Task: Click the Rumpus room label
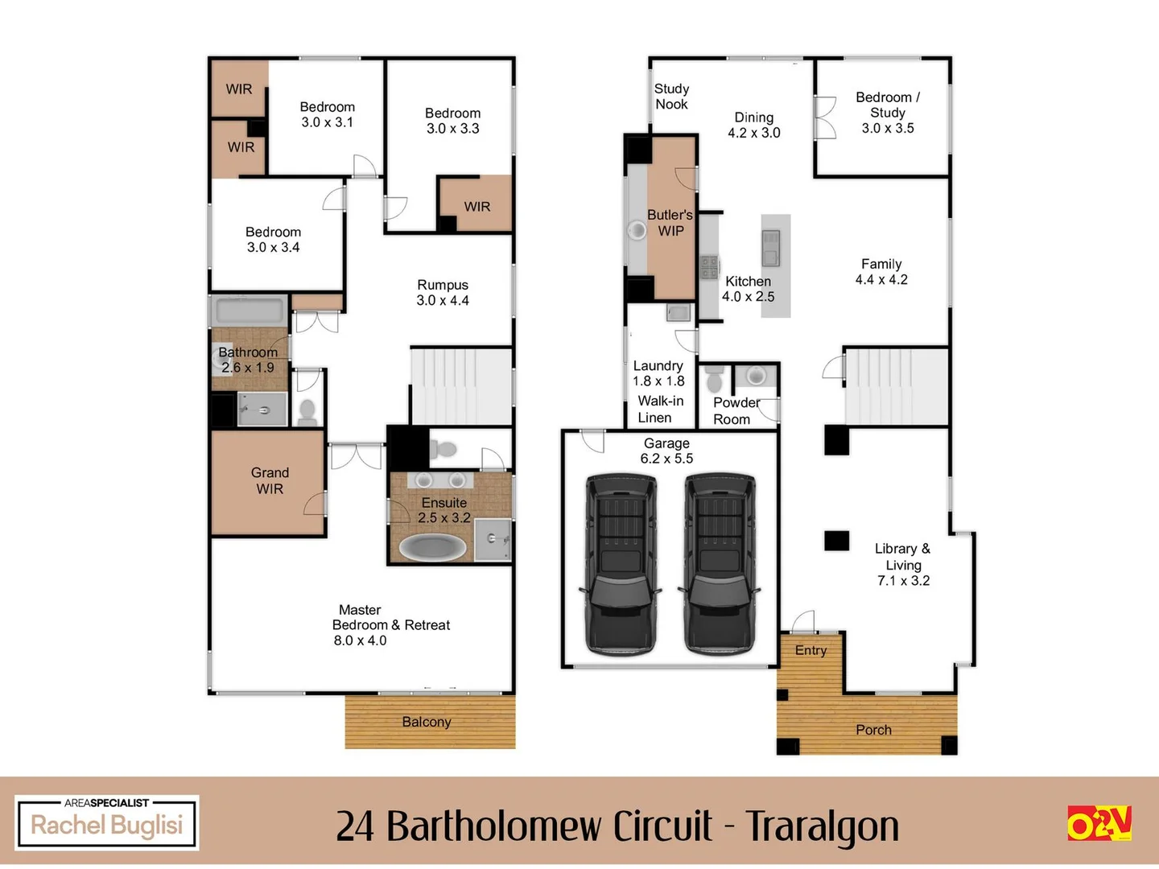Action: pos(443,285)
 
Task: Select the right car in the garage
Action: pos(720,563)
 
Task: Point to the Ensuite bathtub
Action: pos(433,548)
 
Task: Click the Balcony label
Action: pos(427,722)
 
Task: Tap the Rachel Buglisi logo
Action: pos(107,822)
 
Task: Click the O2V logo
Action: pos(1099,823)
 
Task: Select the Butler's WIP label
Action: pos(670,223)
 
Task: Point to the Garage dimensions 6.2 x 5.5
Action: pos(666,459)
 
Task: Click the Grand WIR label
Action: pos(270,480)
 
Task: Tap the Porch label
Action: pos(873,730)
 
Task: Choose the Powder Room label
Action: pos(735,410)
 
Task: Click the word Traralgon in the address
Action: pos(822,826)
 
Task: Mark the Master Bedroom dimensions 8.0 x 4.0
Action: pos(360,640)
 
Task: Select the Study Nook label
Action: pos(671,97)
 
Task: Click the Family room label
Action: pos(881,264)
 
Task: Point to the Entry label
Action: pos(810,650)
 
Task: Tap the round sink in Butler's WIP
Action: pos(637,231)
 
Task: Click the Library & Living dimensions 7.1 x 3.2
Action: pos(903,581)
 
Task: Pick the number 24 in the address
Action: pos(355,826)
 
